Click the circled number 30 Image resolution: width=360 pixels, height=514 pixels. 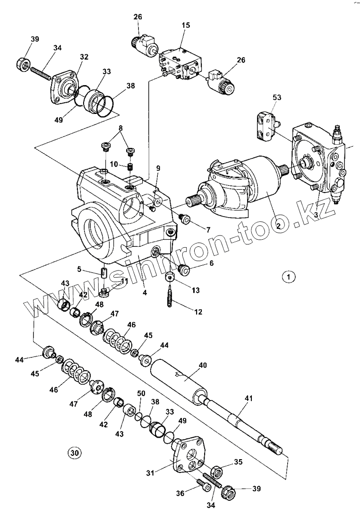pos(74,453)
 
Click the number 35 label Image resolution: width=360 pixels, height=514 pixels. pos(238,462)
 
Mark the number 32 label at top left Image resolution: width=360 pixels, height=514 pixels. pos(84,57)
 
